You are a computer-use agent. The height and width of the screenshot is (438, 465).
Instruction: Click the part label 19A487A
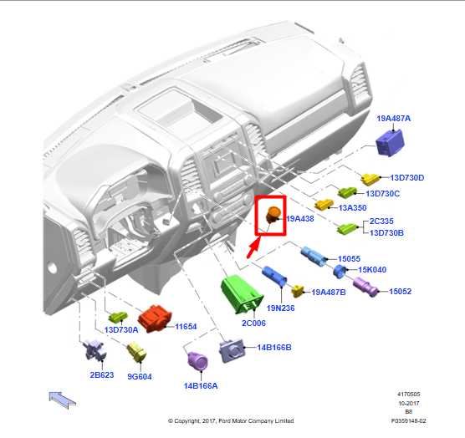point(394,118)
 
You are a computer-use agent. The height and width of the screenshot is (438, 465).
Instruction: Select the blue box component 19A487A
point(390,143)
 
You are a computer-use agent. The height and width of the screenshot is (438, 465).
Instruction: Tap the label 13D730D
point(406,177)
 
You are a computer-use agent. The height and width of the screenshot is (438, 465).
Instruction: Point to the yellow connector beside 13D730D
point(370,179)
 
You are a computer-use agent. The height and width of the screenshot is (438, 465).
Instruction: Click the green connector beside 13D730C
point(347,192)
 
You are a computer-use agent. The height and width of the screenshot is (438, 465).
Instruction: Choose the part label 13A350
point(352,207)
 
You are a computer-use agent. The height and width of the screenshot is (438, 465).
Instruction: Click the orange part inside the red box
point(273,215)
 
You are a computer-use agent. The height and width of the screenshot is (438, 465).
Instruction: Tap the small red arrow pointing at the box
point(253,249)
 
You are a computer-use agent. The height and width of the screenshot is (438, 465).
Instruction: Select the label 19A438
point(299,218)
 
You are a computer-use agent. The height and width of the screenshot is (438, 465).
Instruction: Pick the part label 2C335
point(381,221)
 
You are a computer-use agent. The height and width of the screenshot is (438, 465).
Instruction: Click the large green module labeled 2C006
point(242,294)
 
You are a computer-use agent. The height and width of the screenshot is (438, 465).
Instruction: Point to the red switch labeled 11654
point(155,318)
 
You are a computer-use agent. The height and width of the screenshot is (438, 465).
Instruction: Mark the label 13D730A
point(121,329)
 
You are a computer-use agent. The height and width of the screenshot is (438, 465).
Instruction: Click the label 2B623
point(102,374)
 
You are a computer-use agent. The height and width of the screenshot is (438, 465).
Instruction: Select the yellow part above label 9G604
point(136,352)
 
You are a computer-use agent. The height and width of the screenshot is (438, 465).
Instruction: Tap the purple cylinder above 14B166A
point(197,360)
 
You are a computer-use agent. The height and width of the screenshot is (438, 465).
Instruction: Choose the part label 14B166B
point(274,348)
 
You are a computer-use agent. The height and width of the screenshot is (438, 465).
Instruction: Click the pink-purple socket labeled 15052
point(365,286)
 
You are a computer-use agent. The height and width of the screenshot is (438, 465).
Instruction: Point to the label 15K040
point(372,270)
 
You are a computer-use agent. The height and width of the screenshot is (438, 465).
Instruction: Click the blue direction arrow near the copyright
point(62,400)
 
